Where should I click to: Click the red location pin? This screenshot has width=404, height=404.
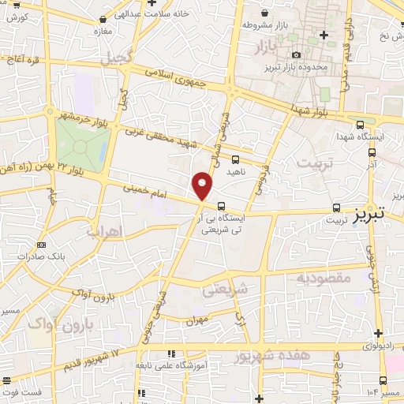tap(203, 187)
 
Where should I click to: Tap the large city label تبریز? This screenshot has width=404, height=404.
tap(368, 213)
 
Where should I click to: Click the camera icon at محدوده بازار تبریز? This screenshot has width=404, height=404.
tap(296, 54)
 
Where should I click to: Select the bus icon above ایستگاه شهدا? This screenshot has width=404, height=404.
tap(361, 124)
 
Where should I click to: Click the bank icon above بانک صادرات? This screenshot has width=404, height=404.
tap(41, 245)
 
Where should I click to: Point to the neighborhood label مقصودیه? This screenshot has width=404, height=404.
tap(324, 278)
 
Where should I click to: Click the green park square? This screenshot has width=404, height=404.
tap(82, 146)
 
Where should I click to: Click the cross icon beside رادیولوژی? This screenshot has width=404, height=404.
tap(379, 333)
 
